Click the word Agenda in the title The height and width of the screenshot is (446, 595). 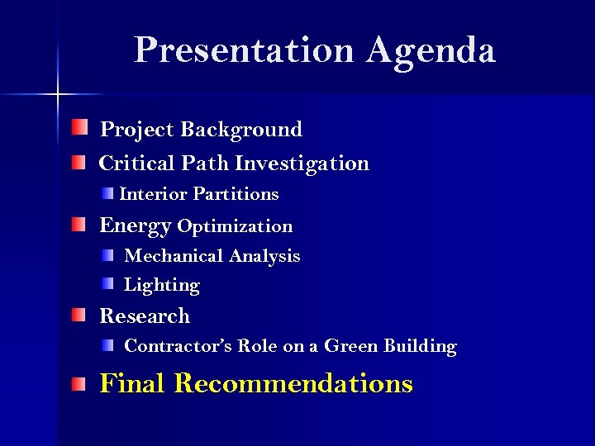click(431, 51)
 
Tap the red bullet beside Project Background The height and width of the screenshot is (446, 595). click(78, 127)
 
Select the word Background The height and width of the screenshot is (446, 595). click(241, 130)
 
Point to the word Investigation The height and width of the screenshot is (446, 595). click(302, 164)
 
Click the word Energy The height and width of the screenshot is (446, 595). click(135, 226)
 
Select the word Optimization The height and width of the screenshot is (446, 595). click(235, 226)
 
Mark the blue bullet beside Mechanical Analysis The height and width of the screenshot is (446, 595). click(108, 255)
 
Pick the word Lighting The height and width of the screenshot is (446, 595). click(162, 286)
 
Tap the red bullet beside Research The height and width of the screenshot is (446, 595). click(78, 315)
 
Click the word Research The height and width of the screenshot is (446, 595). click(145, 316)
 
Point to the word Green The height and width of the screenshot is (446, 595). click(350, 346)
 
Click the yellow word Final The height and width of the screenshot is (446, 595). click(133, 383)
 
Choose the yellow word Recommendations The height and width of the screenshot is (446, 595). click(293, 383)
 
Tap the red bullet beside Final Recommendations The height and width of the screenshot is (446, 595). click(78, 383)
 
